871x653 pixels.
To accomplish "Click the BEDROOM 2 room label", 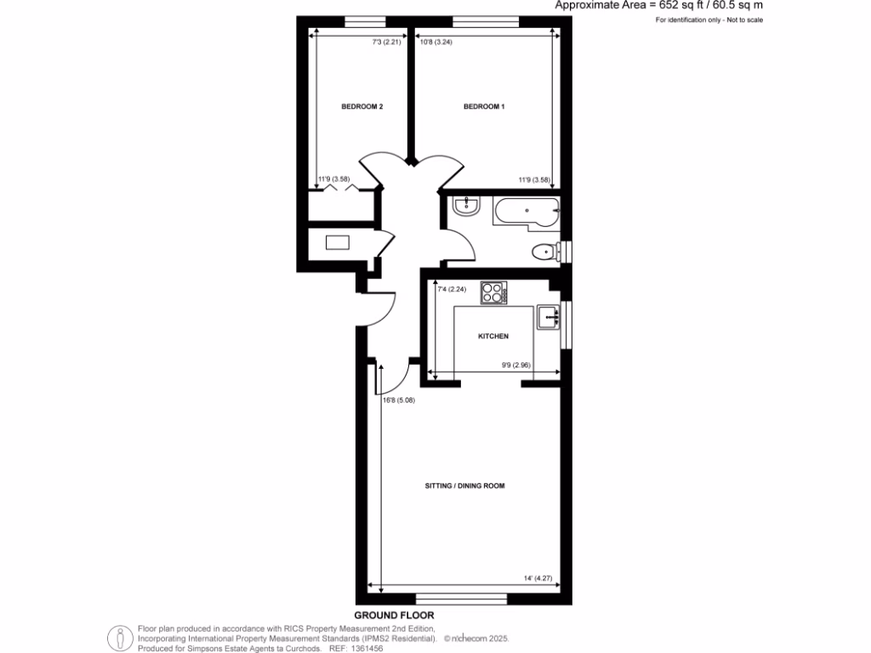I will tap(362, 107).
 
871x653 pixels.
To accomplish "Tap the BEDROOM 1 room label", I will tap(484, 107).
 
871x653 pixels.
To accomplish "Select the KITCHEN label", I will tap(493, 337).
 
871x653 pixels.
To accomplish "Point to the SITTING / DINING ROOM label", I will tap(465, 486).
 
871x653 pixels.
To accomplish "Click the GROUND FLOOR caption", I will tap(388, 614).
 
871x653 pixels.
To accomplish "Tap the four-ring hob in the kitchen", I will tap(493, 292).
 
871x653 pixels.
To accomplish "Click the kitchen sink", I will tap(549, 317).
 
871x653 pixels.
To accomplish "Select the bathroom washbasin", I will tap(466, 207).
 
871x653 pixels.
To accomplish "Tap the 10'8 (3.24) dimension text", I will tap(435, 42).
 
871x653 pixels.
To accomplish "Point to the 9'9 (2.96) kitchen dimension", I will tap(515, 366).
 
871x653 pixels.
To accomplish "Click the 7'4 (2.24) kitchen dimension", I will tap(452, 290).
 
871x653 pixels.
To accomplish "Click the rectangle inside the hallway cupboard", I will tap(337, 242).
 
